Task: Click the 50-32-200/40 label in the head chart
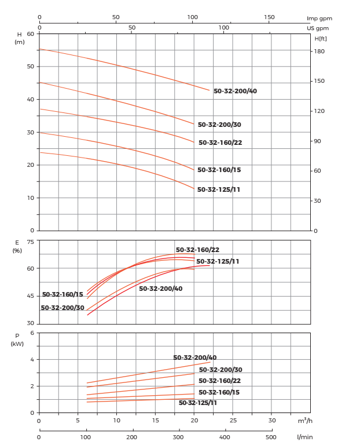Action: [235, 91]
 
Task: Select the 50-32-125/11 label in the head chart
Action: [218, 189]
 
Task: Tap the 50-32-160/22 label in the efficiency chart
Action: [197, 250]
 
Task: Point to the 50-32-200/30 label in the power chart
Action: [221, 370]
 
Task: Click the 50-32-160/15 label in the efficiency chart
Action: [63, 294]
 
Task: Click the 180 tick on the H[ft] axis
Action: [319, 52]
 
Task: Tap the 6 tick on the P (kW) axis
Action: [32, 333]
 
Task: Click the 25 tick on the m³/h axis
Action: [233, 421]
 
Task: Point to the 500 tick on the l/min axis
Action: [270, 437]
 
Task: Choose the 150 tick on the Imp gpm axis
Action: [270, 17]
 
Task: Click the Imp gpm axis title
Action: [319, 19]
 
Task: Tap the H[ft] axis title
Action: [321, 39]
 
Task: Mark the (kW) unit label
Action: [17, 344]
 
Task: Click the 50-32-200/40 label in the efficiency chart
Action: [160, 289]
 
